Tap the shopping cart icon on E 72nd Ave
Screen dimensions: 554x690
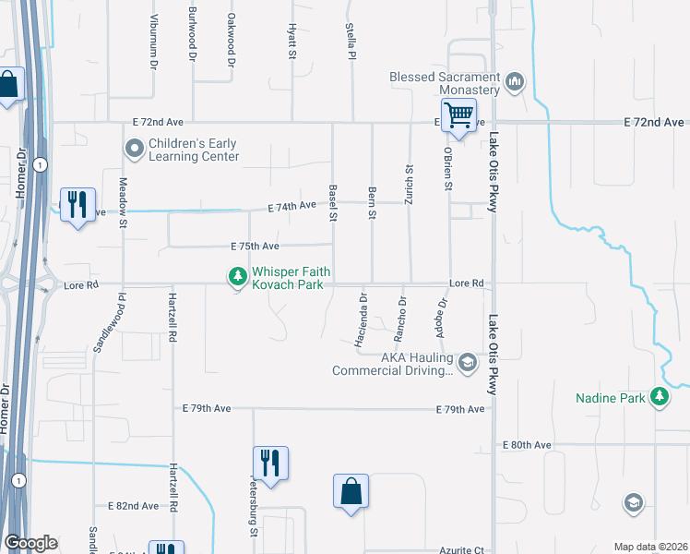pos(458,115)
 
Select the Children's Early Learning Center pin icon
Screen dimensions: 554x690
pos(135,148)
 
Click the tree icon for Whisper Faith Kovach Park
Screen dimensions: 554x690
pos(238,276)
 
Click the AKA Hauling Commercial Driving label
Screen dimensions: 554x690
pos(394,365)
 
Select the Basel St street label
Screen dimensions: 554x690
pos(332,203)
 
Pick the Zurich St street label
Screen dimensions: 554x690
pos(409,182)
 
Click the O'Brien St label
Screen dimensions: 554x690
pos(447,168)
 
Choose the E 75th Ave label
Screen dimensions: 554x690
pos(255,247)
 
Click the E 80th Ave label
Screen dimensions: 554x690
pos(527,445)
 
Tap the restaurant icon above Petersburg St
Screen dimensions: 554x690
pos(270,462)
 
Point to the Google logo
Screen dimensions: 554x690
pos(30,543)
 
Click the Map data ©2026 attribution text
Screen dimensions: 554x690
pos(649,547)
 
